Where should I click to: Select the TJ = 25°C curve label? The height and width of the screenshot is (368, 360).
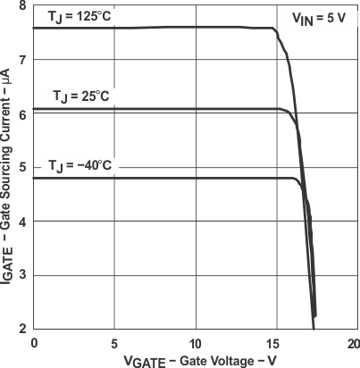click(81, 96)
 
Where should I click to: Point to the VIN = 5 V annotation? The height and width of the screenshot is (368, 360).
click(321, 16)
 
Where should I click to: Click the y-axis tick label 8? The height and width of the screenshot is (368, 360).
click(21, 6)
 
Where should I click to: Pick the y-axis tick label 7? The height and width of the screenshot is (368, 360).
click(21, 60)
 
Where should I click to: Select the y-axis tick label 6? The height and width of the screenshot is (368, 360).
click(21, 113)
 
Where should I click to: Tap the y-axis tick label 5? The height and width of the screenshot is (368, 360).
click(21, 168)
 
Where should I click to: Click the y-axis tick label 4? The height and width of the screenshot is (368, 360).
click(21, 222)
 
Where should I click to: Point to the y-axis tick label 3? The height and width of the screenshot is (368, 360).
click(21, 275)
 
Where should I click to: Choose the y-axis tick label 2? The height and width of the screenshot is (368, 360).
click(21, 328)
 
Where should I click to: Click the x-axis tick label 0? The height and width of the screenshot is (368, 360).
click(34, 343)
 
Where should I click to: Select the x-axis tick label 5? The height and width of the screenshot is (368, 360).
click(114, 343)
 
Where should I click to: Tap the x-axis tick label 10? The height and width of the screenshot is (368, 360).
click(195, 343)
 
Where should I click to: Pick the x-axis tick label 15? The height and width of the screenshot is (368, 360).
click(274, 343)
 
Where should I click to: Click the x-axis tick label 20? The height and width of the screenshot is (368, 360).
click(354, 343)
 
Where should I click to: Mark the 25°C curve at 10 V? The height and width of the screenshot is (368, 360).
click(195, 109)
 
